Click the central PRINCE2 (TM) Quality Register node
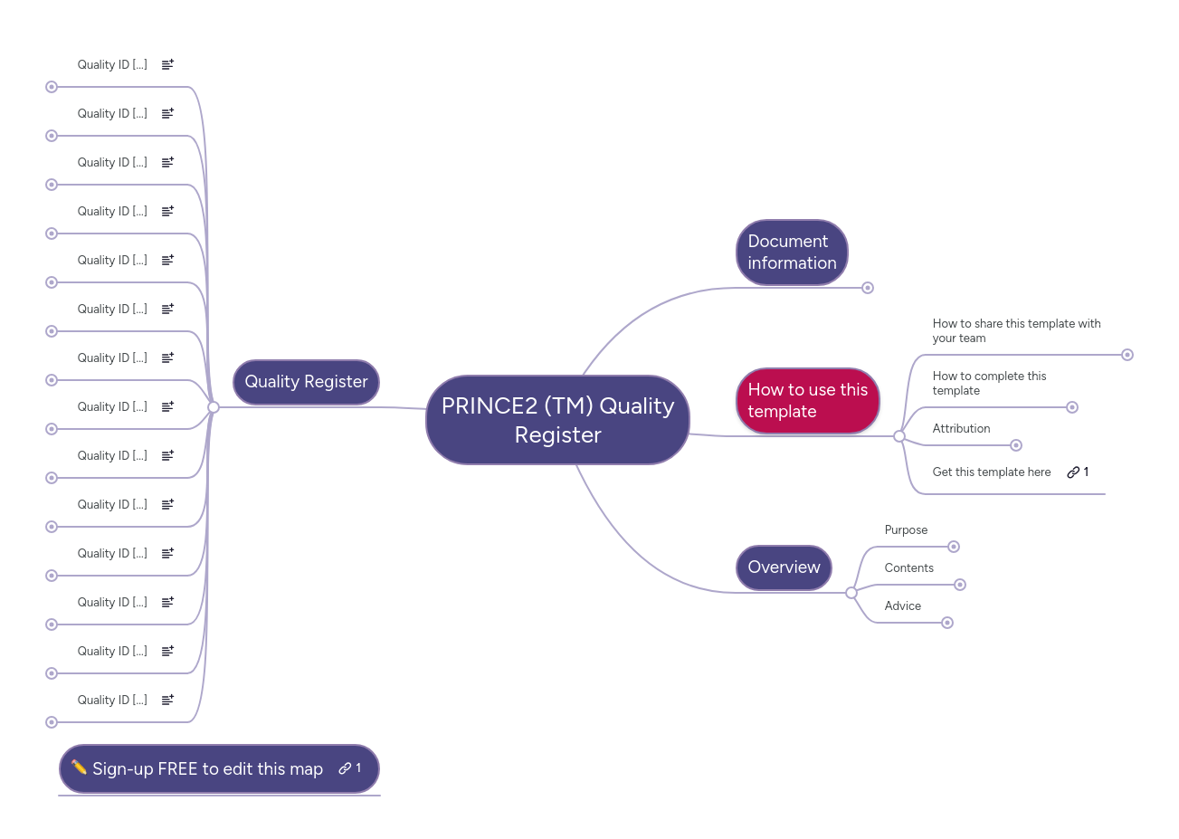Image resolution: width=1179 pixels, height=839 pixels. click(557, 420)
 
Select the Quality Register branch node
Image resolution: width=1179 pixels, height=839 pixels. click(306, 382)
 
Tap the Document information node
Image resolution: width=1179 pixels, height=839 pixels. click(792, 253)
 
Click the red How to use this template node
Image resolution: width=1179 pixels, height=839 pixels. click(807, 401)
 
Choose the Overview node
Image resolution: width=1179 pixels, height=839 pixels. click(784, 567)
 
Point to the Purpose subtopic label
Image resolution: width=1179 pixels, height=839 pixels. click(906, 530)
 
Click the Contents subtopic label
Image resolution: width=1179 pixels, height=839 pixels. click(908, 568)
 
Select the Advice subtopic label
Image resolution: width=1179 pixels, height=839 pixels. click(902, 606)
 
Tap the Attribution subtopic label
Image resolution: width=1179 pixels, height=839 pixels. click(961, 429)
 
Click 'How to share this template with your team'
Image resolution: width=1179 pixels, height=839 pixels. click(1016, 330)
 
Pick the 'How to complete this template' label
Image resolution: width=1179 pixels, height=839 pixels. click(989, 383)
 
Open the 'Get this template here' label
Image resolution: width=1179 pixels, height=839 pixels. click(992, 472)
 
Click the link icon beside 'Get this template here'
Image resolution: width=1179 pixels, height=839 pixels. click(1073, 472)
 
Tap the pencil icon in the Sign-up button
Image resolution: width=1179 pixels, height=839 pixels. click(79, 767)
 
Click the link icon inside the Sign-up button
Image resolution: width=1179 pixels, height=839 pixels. click(345, 768)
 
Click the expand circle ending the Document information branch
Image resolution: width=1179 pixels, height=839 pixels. click(868, 288)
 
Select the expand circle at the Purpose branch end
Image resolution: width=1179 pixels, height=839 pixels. click(954, 547)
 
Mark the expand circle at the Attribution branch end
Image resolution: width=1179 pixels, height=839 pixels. click(1016, 445)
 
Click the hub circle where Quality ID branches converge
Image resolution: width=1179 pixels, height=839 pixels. click(214, 407)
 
